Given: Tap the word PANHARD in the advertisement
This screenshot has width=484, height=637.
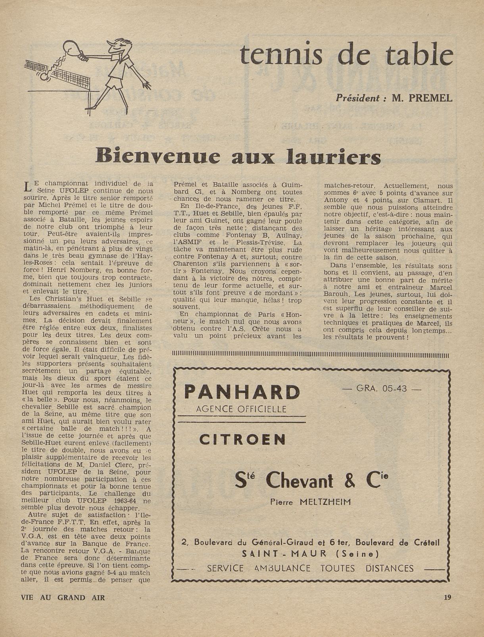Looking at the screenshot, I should [x=242, y=392].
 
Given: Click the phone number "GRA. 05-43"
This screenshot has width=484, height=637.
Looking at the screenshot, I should [x=382, y=388].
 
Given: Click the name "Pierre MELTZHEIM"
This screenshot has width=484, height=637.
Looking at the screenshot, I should [x=310, y=502].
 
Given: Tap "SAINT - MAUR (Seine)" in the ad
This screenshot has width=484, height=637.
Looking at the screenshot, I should [x=310, y=553].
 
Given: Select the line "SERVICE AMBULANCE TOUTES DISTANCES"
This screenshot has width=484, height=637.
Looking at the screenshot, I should [x=310, y=568].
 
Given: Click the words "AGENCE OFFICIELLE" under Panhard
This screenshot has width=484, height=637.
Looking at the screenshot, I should [x=242, y=409].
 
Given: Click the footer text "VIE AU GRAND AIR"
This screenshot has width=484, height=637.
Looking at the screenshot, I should [x=63, y=597].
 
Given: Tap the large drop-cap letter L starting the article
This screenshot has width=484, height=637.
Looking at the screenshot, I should [x=27, y=186].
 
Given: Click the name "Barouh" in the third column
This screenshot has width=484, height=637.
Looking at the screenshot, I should [x=337, y=295].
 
